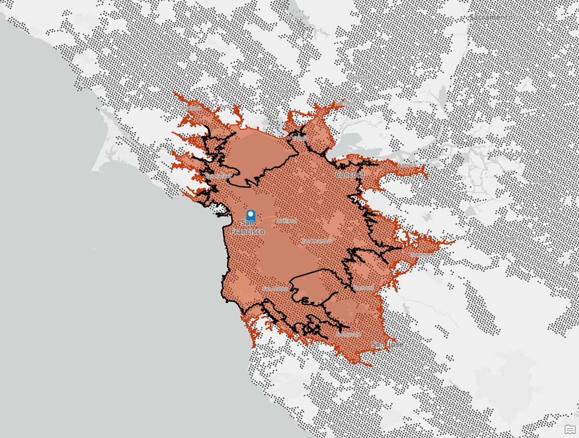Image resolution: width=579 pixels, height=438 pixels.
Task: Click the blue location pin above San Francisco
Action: (250, 215)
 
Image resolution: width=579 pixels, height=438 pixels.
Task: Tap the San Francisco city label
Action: (247, 227)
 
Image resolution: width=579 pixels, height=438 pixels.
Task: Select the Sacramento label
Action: (491, 17)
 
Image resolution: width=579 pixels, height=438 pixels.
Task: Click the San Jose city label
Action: (387, 345)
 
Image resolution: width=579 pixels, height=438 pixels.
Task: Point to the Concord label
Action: (349, 175)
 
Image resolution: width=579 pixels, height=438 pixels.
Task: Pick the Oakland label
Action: (286, 221)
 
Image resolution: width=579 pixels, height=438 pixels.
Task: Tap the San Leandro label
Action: (316, 241)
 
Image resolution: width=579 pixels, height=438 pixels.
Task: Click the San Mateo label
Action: (275, 289)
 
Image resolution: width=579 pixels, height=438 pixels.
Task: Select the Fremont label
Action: (363, 288)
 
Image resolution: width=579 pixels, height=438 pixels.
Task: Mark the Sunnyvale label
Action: (348, 334)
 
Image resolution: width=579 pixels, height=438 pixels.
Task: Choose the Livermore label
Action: (420, 254)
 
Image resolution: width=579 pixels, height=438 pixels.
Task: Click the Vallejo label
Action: (299, 138)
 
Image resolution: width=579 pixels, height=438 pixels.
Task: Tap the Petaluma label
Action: (190, 108)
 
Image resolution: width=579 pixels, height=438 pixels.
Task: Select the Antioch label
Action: (406, 165)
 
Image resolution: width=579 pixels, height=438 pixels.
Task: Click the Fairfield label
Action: (345, 103)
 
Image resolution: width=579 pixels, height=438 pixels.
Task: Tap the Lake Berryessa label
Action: (300, 14)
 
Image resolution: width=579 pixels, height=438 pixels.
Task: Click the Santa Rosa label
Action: (169, 53)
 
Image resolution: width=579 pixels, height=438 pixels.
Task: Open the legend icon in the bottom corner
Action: (569, 429)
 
